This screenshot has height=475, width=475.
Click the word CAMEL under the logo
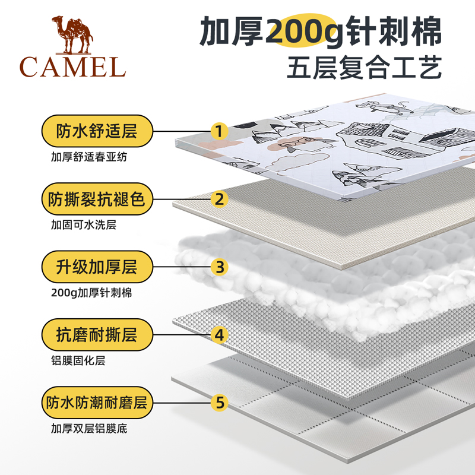tap(72, 66)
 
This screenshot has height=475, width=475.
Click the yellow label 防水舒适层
tap(97, 131)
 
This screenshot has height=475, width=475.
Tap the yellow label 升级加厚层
tap(97, 267)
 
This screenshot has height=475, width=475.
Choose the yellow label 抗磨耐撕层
tap(97, 335)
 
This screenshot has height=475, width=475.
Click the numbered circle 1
tap(220, 131)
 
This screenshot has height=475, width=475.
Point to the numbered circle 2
tap(220, 198)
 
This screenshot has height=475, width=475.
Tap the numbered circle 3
tap(220, 267)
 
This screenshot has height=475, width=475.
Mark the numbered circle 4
tap(220, 335)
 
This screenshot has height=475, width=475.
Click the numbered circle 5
tap(220, 403)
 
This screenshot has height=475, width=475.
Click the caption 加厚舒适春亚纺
tap(89, 157)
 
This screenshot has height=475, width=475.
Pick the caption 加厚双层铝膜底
tap(89, 428)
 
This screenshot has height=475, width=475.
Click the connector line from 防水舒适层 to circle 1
tap(181, 131)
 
